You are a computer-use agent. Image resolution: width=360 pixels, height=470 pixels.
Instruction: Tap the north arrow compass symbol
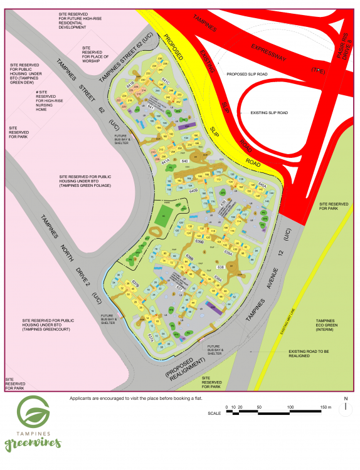345,408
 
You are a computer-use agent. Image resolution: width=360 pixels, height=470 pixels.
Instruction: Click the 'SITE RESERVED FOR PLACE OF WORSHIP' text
95,55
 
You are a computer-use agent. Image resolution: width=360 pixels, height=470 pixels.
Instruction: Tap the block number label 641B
130,83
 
